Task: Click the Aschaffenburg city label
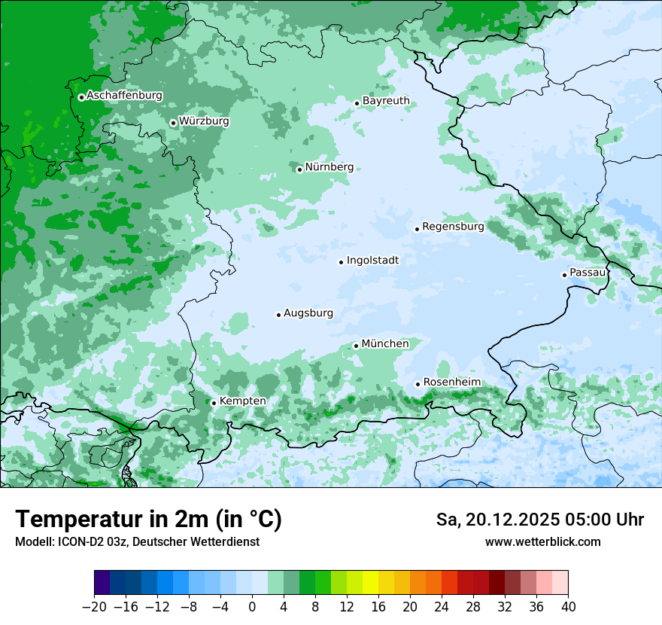124,96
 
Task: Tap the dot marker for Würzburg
173,123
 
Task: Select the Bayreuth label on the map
386,101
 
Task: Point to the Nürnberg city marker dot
299,169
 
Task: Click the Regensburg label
453,227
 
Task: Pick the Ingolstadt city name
372,261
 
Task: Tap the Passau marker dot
564,275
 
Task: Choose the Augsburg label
308,313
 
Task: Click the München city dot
356,346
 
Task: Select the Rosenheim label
451,383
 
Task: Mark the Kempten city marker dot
214,403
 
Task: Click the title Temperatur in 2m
148,520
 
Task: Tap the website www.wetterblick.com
542,542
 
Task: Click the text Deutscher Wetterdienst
198,542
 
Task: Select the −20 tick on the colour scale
94,607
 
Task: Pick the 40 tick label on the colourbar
568,607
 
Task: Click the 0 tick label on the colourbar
252,607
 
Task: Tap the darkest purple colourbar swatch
102,583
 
